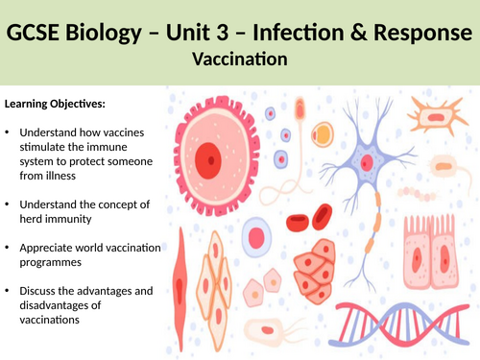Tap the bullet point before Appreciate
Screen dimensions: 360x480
click(x=9, y=248)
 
